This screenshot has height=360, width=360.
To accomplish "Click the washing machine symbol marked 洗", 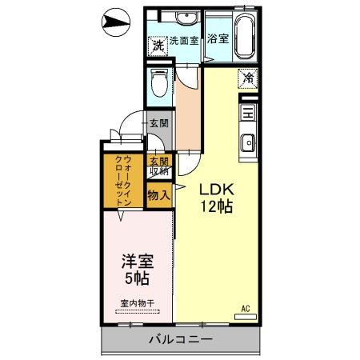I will pos(158,46).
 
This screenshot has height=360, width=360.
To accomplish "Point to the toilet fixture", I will pos(159,81).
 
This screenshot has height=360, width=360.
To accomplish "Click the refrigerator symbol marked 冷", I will pos(248,78).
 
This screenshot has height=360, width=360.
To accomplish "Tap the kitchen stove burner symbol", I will pos(247,113).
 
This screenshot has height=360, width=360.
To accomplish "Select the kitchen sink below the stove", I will pos(247,144).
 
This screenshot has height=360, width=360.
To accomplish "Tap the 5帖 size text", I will pos(137,280).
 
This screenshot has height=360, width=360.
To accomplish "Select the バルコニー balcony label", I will pos(181,340).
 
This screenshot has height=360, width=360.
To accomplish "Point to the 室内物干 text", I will pos(137,302).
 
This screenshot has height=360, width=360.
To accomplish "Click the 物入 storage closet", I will pos(159,194).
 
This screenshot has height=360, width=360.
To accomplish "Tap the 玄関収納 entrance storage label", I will pos(159,165).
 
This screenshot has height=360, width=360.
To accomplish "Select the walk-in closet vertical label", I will pos(122,181).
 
